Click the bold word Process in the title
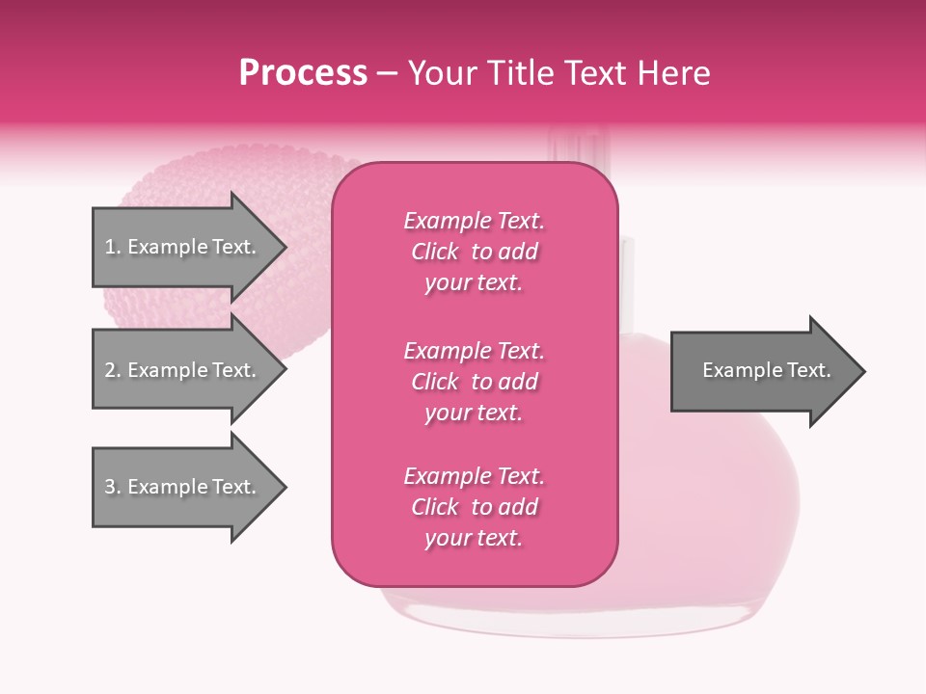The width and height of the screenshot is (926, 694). (x=303, y=73)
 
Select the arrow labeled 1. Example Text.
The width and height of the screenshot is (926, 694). (x=183, y=247)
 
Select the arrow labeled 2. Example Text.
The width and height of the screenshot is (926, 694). (x=183, y=370)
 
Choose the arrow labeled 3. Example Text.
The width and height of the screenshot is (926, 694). (x=183, y=487)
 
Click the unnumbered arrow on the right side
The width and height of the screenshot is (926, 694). (x=762, y=371)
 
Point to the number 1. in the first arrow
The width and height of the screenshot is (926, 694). (x=113, y=248)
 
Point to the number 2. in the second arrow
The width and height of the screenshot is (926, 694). (x=113, y=371)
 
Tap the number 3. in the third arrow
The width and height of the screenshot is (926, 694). (x=113, y=488)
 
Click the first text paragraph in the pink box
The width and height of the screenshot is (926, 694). (x=474, y=252)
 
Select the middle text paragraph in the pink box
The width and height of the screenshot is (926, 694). (x=474, y=382)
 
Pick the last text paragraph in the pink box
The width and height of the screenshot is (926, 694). (x=474, y=507)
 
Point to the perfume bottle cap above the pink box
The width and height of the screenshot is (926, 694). (x=576, y=145)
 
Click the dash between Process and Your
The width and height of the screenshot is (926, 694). (x=388, y=74)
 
